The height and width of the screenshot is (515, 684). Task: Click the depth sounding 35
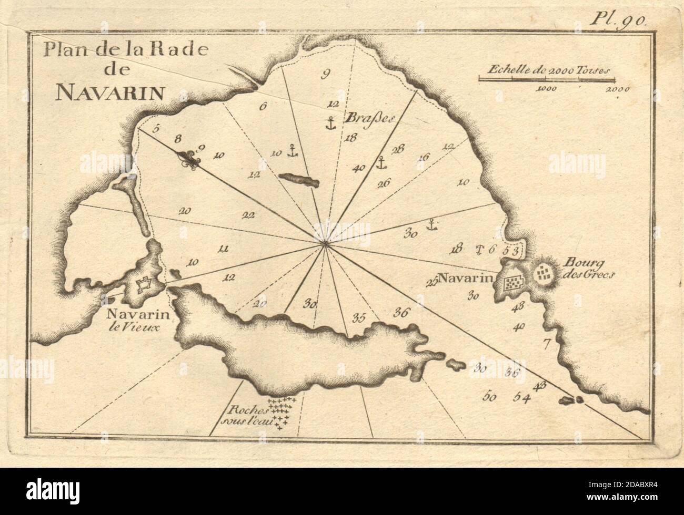pyautogui.click(x=359, y=317)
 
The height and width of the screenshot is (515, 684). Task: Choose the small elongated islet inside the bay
pyautogui.click(x=299, y=180)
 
